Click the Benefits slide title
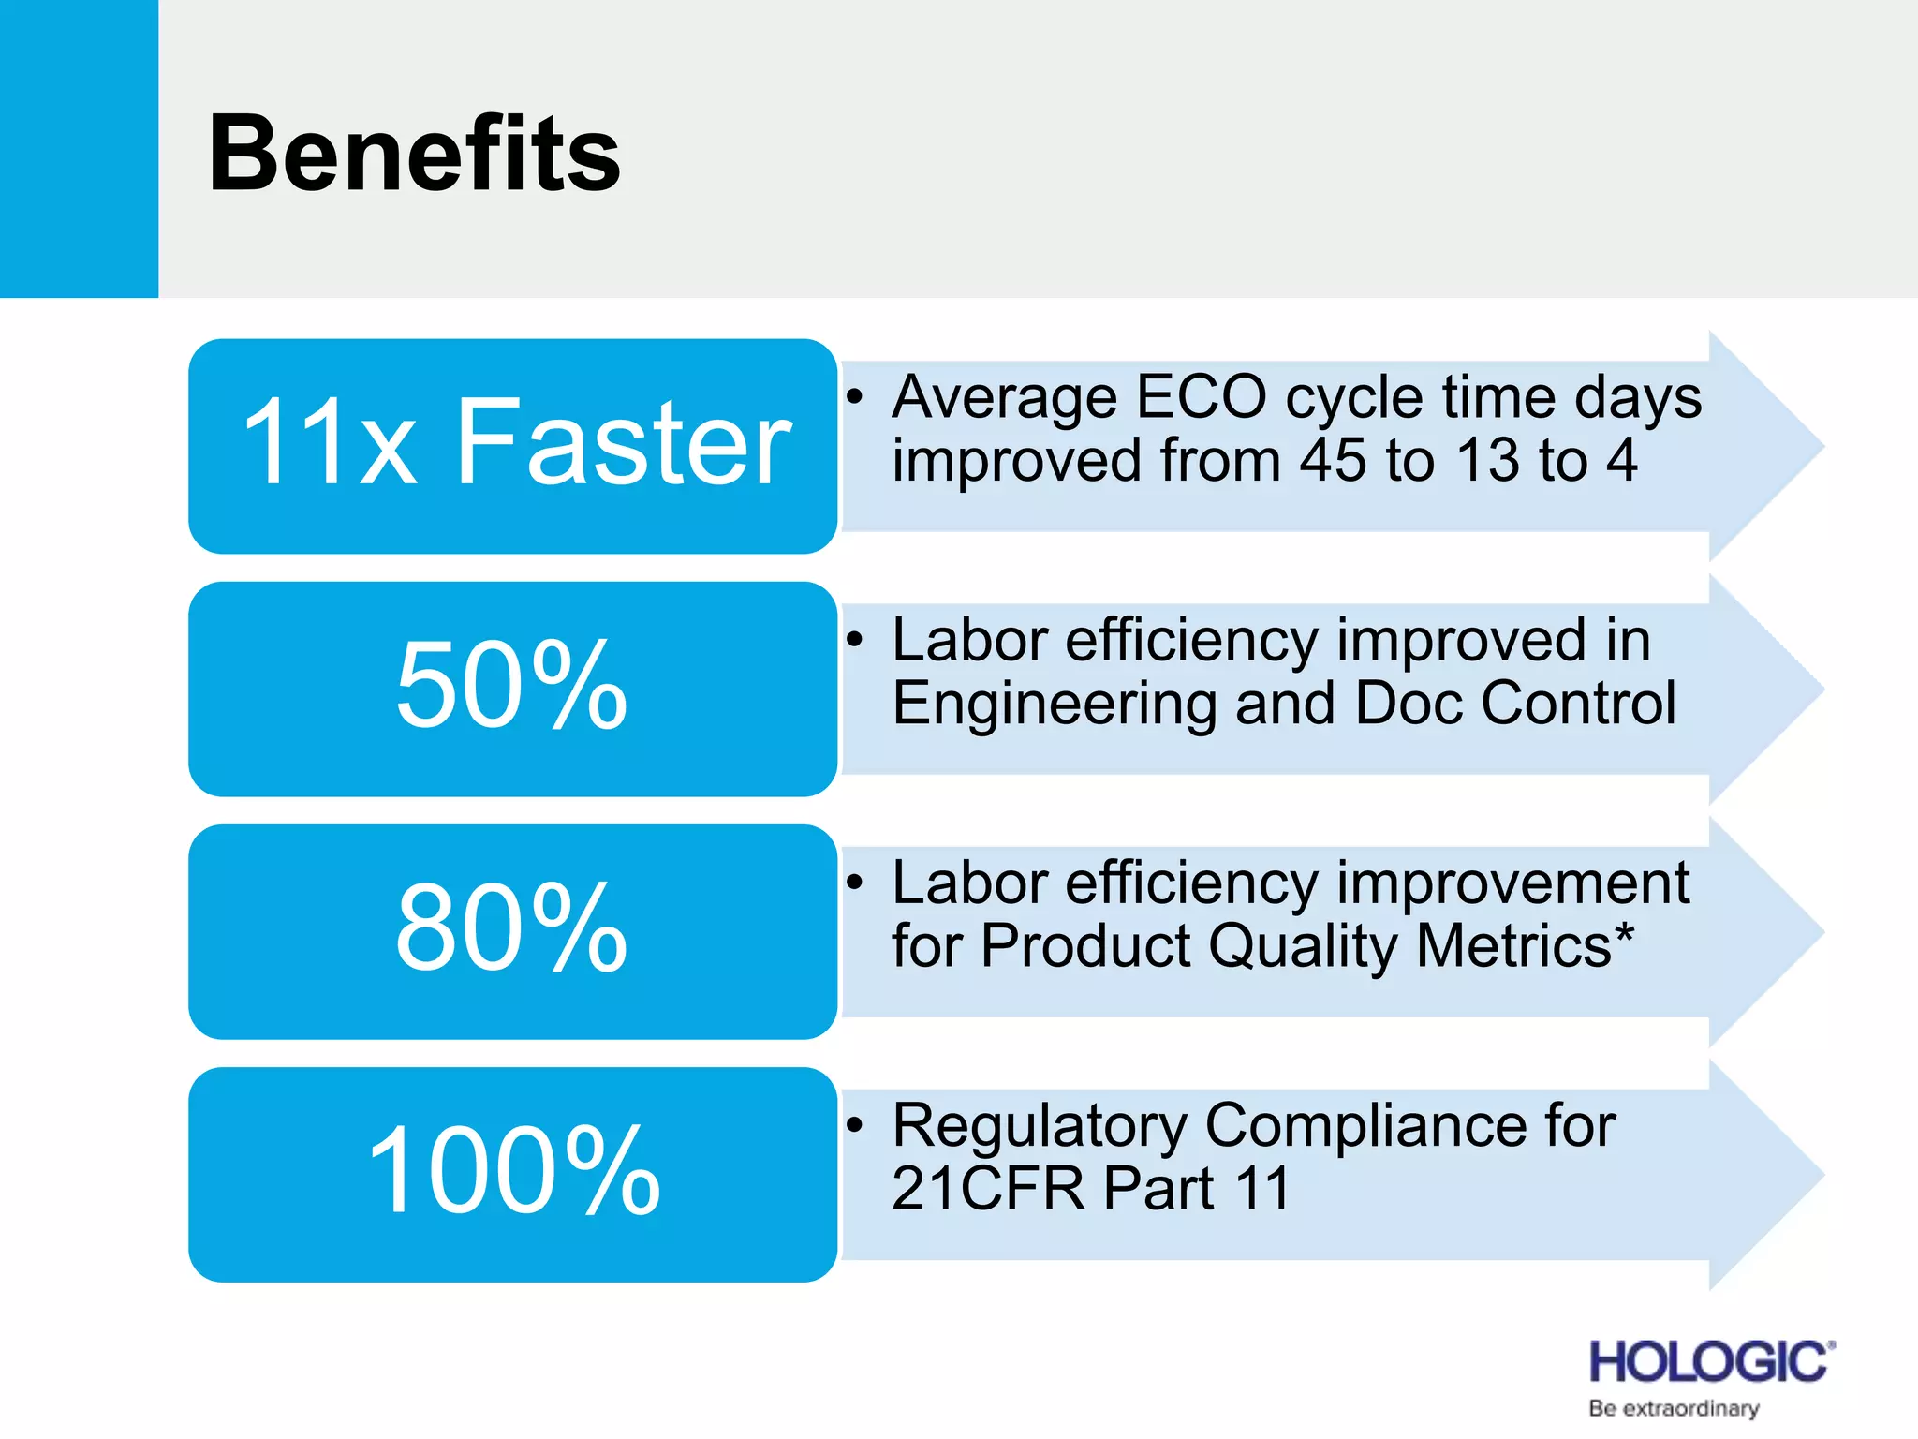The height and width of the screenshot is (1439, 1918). point(414,154)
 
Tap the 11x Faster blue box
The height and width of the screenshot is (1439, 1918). point(512,446)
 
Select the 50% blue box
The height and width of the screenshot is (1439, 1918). point(512,689)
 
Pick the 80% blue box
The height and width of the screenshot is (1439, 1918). point(512,931)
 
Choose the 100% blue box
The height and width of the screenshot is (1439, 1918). point(512,1174)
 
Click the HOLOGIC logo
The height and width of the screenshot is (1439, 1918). point(1710,1361)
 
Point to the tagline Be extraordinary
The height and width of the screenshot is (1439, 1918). point(1674,1408)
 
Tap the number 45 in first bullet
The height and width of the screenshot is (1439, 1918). point(1334,461)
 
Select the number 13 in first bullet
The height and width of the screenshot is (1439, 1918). point(1488,461)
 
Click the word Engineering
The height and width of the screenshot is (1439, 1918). point(1054,704)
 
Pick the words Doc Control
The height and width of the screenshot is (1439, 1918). point(1515,704)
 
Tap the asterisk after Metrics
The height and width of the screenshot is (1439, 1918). point(1624,934)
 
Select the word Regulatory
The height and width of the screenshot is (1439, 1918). point(1040,1125)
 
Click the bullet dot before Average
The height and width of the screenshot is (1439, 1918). point(853,397)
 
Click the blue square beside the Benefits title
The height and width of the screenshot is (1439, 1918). point(79,148)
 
